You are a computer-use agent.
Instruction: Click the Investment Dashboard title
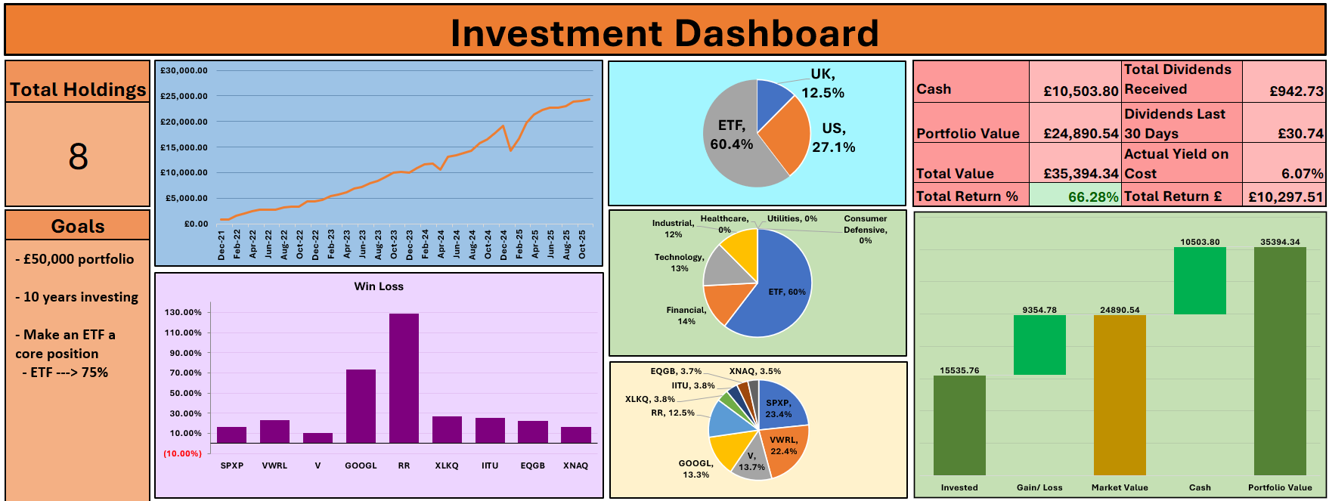[664, 33]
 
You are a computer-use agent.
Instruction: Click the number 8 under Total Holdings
[78, 156]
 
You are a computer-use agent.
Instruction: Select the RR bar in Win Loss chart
[404, 378]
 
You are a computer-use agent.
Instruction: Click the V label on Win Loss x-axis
[318, 465]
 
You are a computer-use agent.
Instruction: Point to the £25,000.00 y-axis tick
[184, 96]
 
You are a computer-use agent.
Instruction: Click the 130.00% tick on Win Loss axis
[183, 312]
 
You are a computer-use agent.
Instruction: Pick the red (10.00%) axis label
[183, 453]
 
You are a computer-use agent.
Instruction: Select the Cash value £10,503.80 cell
[1080, 91]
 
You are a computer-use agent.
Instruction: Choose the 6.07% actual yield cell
[1302, 173]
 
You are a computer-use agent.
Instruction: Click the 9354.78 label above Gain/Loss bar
[1039, 310]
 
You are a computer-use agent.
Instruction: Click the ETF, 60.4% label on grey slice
[731, 135]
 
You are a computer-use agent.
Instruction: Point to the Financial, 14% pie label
[686, 315]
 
